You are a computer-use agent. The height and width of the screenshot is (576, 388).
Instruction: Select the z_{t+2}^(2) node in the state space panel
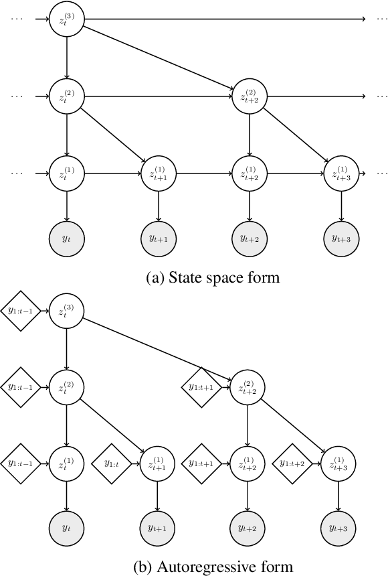click(249, 96)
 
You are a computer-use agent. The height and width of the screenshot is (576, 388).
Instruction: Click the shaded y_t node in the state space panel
click(67, 237)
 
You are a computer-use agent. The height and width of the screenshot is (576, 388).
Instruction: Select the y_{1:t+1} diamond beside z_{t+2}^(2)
click(202, 386)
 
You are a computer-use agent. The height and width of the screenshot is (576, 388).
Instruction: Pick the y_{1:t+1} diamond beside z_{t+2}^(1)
click(202, 463)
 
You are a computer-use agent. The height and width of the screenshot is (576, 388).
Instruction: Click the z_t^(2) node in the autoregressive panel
click(67, 386)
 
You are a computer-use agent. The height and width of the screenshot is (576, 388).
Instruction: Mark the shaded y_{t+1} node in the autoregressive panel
click(158, 527)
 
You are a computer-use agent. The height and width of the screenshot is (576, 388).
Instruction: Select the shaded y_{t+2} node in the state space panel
click(249, 237)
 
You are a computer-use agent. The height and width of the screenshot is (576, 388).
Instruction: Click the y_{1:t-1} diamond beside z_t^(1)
click(20, 463)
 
